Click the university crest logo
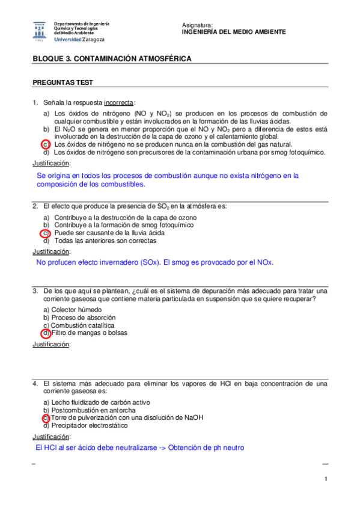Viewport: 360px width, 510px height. [39, 31]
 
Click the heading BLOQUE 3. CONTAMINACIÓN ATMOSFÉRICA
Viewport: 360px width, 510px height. [112, 59]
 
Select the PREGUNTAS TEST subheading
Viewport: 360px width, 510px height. [62, 82]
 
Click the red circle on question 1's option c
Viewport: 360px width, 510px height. [46, 144]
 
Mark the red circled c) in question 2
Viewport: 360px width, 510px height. [46, 233]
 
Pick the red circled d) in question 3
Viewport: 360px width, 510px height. [46, 333]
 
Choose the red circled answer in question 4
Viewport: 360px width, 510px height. [46, 417]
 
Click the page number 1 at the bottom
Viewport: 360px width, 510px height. [325, 479]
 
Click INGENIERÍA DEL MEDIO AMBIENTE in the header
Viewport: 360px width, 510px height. [233, 32]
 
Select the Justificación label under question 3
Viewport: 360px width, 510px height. [51, 345]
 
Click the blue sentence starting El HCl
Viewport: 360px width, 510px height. [139, 447]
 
